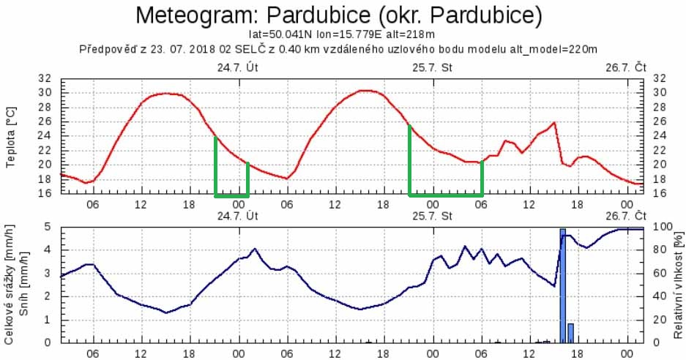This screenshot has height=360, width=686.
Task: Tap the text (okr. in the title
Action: pyautogui.click(x=428, y=15)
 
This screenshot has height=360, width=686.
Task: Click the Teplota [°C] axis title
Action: pyautogui.click(x=10, y=136)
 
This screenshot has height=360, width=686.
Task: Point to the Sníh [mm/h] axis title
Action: pyautogui.click(x=26, y=285)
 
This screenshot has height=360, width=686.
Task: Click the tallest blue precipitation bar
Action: pyautogui.click(x=563, y=285)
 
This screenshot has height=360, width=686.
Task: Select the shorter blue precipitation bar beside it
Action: pyautogui.click(x=571, y=333)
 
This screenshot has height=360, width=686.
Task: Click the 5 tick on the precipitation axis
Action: pyautogui.click(x=49, y=227)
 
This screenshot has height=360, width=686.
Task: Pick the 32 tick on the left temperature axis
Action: pyautogui.click(x=45, y=78)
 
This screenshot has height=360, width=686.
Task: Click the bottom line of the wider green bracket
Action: pyautogui.click(x=446, y=195)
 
